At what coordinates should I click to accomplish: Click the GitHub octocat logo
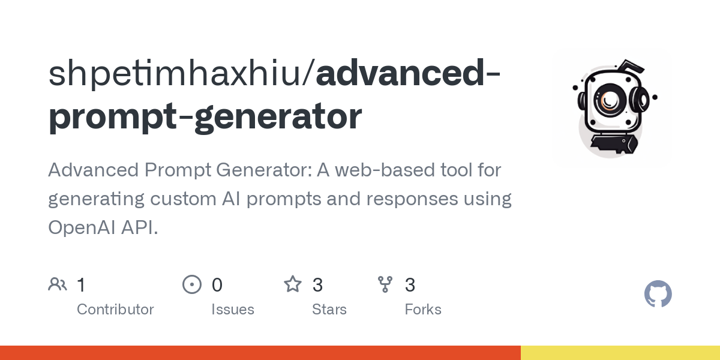[x=658, y=294]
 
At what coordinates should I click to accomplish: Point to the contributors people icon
[x=58, y=284]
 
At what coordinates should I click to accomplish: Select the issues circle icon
[x=191, y=284]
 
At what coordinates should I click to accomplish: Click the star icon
[x=293, y=284]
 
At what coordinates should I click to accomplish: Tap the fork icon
[x=385, y=284]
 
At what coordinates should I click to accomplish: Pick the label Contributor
[x=115, y=310]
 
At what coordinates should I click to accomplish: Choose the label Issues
[x=233, y=310]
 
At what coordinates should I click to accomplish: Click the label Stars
[x=329, y=310]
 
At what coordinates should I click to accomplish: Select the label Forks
[x=423, y=310]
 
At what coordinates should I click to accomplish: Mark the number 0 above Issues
[x=217, y=285]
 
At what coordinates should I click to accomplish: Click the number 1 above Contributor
[x=81, y=285]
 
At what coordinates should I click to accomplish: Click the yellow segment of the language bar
[x=620, y=353]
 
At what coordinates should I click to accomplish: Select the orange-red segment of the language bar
[x=260, y=353]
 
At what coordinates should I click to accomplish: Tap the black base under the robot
[x=611, y=144]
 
